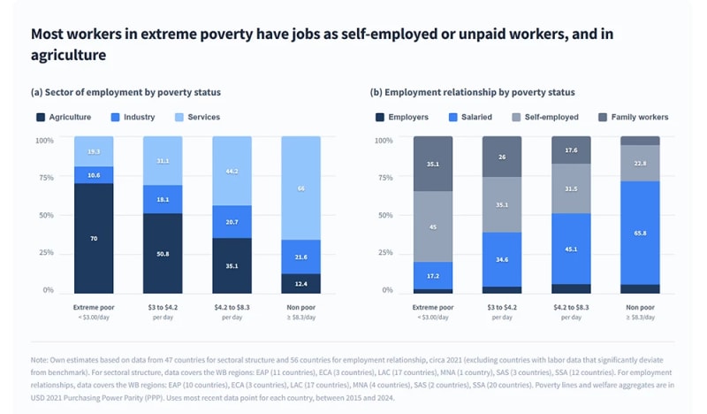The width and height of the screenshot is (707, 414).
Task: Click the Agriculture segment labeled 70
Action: coord(93,238)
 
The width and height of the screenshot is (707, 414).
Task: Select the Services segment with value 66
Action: coord(300,188)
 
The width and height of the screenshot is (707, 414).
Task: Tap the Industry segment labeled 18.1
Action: coord(163,199)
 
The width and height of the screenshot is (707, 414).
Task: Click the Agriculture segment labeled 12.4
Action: coord(300,283)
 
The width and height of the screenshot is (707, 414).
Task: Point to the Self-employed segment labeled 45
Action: coord(432,226)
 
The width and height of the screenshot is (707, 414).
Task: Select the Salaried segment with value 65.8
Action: coord(640,233)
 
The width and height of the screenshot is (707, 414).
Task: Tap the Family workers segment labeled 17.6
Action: coord(571,150)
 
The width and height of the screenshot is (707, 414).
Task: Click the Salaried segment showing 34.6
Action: coord(502,259)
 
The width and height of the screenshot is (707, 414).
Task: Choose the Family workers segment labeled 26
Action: coord(502,157)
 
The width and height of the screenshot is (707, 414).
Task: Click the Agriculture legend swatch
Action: coord(41,117)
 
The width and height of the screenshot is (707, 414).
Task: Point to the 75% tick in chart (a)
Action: coord(44,177)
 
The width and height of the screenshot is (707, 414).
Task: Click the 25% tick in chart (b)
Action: coord(384,252)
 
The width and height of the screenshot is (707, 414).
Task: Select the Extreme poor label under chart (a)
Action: coord(93,307)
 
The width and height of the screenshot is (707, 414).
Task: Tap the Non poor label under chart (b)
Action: coord(640,307)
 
